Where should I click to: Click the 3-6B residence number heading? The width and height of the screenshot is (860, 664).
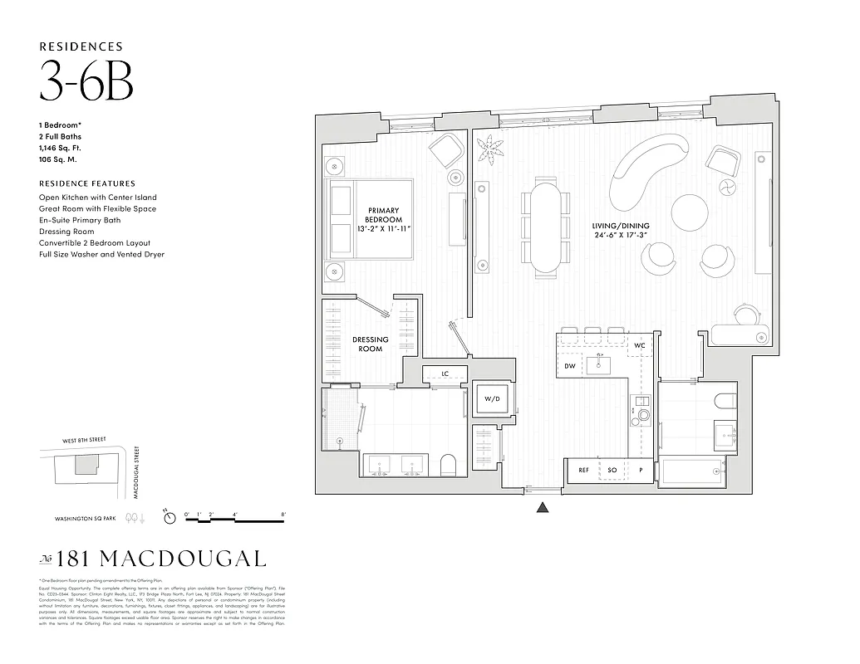86,81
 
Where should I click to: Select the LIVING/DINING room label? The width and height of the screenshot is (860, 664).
620,231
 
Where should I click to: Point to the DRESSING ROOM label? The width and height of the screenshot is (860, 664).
371,344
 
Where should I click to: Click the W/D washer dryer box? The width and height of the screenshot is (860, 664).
492,399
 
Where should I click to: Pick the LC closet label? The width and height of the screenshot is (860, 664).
445,374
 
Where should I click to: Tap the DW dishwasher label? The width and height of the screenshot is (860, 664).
570,366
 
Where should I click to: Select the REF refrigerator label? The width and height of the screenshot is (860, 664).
583,471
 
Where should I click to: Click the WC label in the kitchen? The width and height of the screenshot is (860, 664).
639,345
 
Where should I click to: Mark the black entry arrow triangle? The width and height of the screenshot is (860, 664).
542,508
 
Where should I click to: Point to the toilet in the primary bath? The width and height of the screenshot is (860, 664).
449,466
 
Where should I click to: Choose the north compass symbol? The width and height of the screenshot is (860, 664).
170,518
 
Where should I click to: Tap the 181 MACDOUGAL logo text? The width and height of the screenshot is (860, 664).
153,559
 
